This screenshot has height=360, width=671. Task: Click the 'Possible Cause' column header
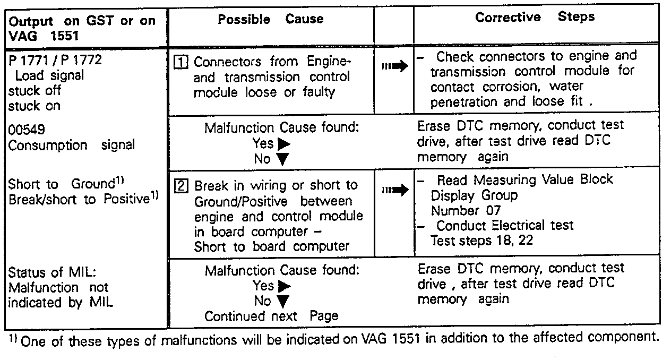(x=271, y=20)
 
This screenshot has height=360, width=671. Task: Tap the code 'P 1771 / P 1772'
(x=55, y=60)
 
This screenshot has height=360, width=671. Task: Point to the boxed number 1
(x=181, y=62)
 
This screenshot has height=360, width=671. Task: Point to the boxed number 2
(x=181, y=186)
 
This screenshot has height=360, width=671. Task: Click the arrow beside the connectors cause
(x=394, y=66)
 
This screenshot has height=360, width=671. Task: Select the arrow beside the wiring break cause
(x=394, y=190)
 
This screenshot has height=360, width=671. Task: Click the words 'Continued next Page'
(x=271, y=316)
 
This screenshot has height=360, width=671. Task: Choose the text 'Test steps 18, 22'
(x=481, y=241)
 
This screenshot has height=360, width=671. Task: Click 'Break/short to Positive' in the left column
(x=79, y=199)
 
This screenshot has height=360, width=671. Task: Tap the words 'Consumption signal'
(x=71, y=145)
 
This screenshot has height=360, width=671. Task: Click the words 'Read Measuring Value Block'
(x=524, y=179)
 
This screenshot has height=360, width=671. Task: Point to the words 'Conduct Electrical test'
(x=504, y=226)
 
